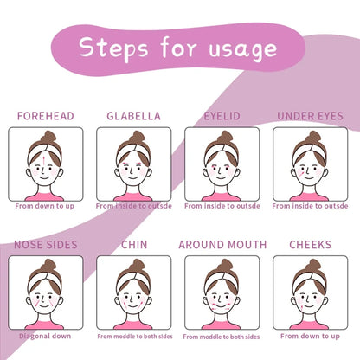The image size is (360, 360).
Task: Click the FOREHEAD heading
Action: coord(46,116)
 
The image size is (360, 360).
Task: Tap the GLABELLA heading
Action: coord(133,116)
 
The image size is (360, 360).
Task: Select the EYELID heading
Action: coord(222,116)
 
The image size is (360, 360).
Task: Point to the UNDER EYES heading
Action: coord(310,116)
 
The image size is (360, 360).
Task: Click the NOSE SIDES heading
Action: coord(46,245)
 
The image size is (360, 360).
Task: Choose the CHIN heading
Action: coord(134,245)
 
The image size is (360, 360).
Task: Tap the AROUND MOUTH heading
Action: coord(222,245)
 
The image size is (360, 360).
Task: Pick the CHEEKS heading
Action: coord(310,245)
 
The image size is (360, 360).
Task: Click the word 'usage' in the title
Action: coord(243,50)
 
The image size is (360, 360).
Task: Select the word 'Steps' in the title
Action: coord(113,48)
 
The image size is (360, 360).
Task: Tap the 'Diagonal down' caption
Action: coord(45,336)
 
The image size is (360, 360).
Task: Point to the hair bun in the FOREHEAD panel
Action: coord(48,137)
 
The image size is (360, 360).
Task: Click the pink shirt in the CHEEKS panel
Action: coord(309,325)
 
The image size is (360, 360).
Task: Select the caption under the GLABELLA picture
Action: coord(134,206)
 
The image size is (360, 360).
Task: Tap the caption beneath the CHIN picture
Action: coord(135,337)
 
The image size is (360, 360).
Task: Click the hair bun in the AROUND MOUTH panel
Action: coord(225,265)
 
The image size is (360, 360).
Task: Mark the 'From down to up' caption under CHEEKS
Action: coord(310,336)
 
